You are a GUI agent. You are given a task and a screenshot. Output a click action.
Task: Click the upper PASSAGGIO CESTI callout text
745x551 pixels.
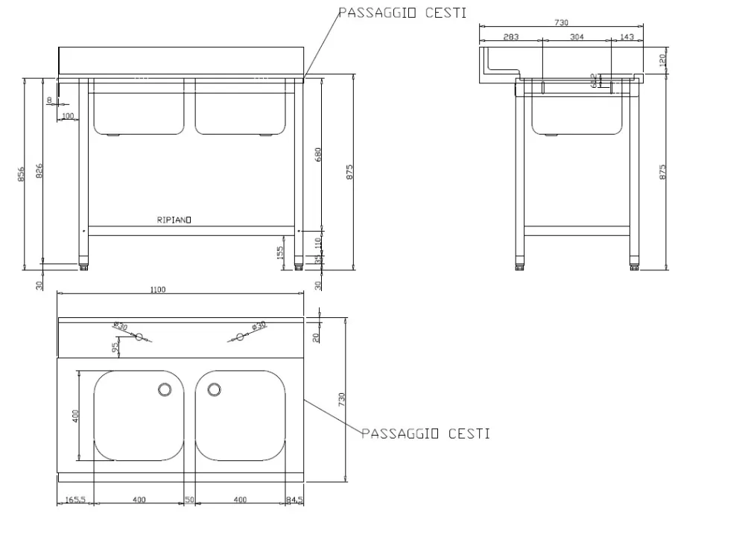[x=403, y=13]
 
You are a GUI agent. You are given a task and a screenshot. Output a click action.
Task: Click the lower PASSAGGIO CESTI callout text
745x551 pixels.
[x=425, y=433]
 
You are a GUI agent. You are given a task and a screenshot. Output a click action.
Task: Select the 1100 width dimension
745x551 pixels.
[x=158, y=290]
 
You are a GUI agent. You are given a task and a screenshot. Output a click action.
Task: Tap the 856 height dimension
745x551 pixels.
[x=22, y=173]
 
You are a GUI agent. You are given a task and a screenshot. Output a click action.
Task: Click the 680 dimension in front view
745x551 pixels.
[x=320, y=155]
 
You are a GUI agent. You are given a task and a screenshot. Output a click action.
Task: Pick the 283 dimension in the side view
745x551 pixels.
[x=511, y=36]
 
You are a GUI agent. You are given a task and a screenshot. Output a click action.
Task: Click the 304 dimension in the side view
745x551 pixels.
[x=577, y=36]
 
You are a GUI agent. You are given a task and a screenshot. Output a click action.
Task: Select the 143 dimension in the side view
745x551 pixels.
[x=627, y=36]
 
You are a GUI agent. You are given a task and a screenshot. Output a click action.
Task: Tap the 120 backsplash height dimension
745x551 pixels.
[x=663, y=60]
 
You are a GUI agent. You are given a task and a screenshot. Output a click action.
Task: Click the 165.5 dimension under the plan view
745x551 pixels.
[x=75, y=500]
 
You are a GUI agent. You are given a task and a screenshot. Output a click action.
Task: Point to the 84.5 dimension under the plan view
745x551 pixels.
[x=295, y=500]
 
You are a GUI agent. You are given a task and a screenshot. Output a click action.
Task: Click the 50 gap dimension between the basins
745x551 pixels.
[x=190, y=500]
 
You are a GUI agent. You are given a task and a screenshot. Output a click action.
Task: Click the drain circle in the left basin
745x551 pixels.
[x=165, y=389]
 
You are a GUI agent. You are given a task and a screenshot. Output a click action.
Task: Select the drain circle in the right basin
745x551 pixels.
[x=215, y=389]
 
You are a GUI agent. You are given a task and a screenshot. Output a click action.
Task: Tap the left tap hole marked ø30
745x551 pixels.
[x=139, y=337]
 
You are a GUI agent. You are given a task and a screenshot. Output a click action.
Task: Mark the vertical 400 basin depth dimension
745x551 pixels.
[x=74, y=415]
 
